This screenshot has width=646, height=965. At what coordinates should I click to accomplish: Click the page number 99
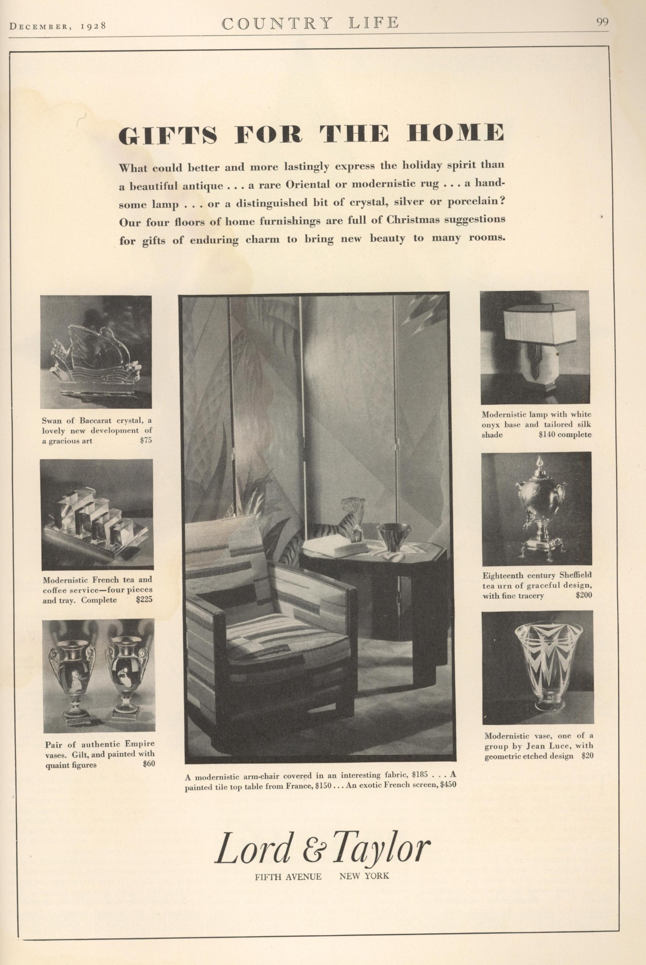coord(602,22)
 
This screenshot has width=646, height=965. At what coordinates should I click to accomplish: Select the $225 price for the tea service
coord(144,600)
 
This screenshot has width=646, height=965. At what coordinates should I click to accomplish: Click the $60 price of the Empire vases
coord(148,764)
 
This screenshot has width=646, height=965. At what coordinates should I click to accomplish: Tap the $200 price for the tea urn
coord(583,595)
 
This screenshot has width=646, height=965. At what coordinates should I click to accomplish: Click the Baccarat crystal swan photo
coord(96,352)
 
